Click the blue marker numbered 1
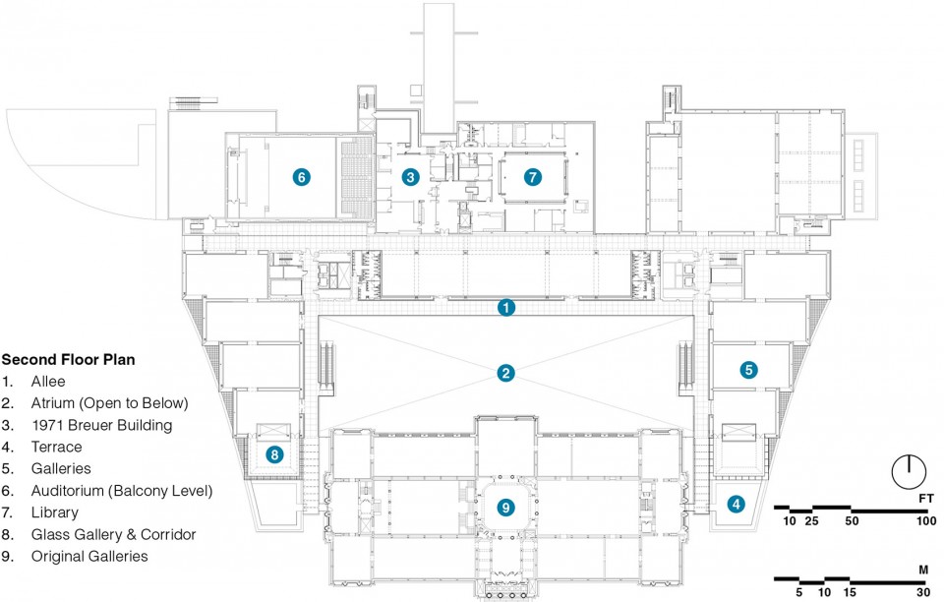pos(505,308)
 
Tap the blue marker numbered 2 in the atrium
pos(505,373)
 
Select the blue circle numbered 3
pos(411,177)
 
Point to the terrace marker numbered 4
pos(736,504)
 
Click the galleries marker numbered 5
pos(748,370)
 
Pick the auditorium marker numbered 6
pos(302,177)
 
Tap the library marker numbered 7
pos(532,177)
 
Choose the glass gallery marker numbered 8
pos(274,453)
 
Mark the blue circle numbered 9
pos(505,508)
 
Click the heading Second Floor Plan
pos(68,360)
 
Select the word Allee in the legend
pos(48,382)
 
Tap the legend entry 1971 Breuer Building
pos(101,426)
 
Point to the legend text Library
pos(55,512)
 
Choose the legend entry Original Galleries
pos(89,556)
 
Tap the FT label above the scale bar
pos(926,499)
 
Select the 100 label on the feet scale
pos(926,521)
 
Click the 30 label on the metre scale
pos(923,592)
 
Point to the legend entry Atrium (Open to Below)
pos(109,403)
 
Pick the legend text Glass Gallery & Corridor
pos(114,534)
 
